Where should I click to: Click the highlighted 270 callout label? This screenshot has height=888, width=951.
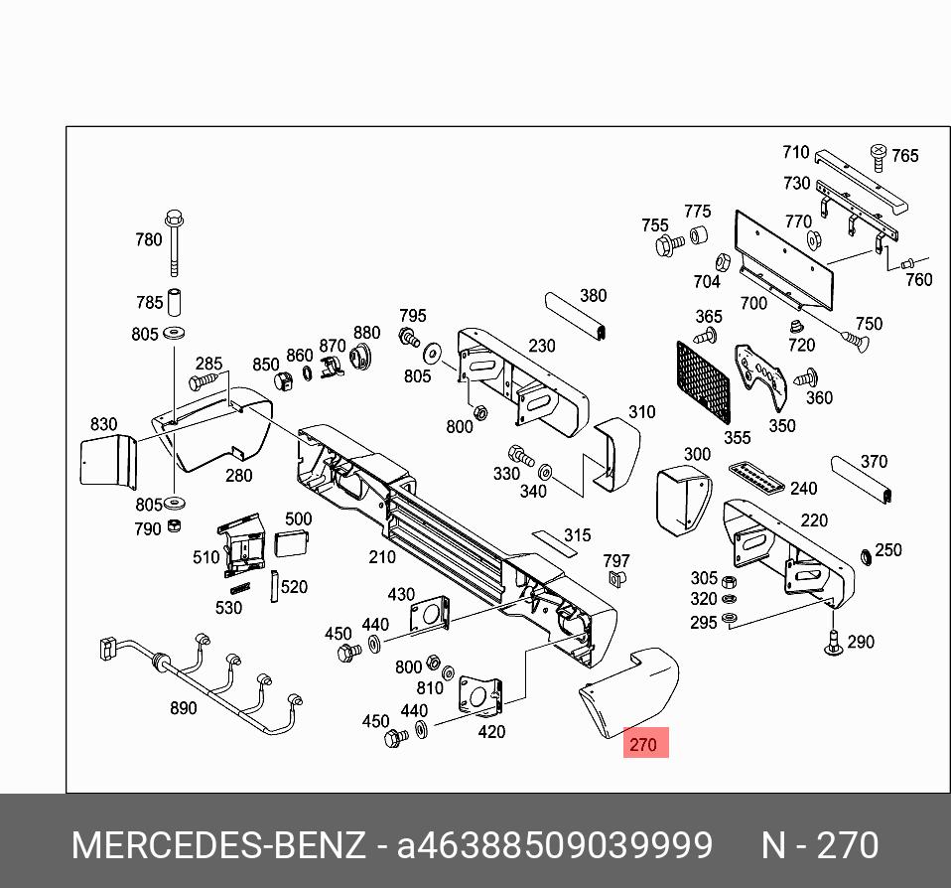point(645,743)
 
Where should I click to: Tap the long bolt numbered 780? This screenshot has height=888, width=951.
point(175,242)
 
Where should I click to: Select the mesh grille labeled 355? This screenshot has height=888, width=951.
point(703,382)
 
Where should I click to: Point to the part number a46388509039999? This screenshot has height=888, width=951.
point(554,845)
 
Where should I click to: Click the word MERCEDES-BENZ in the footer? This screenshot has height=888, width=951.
point(218,845)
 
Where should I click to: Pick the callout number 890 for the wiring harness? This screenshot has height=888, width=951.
point(183,708)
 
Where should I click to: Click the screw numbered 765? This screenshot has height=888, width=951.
point(878,154)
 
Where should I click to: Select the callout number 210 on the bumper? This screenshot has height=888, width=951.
point(382,557)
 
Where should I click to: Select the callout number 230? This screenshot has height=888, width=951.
point(542,346)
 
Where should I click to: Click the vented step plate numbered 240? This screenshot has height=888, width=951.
point(759,478)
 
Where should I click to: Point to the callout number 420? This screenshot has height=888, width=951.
point(491,732)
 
